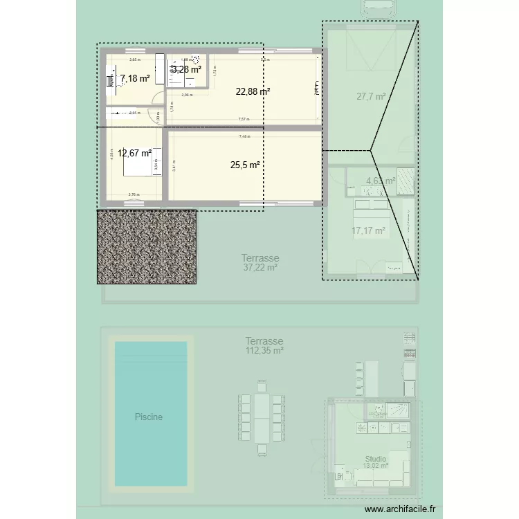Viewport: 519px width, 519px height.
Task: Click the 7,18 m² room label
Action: tap(134, 79)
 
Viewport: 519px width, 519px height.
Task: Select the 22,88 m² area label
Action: tap(253, 91)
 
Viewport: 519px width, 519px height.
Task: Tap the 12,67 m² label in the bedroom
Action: tap(134, 154)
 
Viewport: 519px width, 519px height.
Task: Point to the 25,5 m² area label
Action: tap(245, 165)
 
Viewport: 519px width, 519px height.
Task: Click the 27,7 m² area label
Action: tap(371, 97)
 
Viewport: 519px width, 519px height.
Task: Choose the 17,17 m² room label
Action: tap(368, 231)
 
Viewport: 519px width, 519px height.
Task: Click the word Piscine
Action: tap(149, 417)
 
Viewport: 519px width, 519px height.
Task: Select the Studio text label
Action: tap(376, 459)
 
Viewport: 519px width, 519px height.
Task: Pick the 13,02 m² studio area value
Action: tap(376, 466)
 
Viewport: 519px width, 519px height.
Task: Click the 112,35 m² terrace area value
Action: tap(264, 351)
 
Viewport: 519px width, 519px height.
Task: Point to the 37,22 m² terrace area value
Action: tap(260, 266)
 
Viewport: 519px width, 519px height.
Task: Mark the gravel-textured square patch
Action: tap(147, 246)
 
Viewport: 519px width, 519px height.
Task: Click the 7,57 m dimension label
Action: tap(244, 119)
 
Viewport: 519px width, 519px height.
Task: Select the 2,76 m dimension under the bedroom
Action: tap(134, 195)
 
